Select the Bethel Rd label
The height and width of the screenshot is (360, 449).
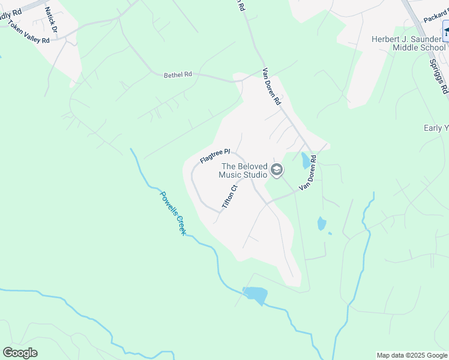point(178,75)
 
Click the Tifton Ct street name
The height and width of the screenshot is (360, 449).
point(230,196)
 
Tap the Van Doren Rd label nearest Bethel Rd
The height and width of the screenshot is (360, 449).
point(271,87)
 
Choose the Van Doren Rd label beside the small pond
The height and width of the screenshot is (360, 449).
point(308,174)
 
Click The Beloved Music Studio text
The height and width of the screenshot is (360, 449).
point(244,170)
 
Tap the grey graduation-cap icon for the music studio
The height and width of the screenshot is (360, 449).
point(276,171)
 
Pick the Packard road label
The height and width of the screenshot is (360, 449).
point(435,18)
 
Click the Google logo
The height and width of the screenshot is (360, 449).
point(20,353)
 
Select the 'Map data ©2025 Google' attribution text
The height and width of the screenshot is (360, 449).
point(411,355)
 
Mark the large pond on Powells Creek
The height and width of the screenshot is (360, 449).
point(255,295)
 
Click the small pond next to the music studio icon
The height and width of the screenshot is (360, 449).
point(306,160)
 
